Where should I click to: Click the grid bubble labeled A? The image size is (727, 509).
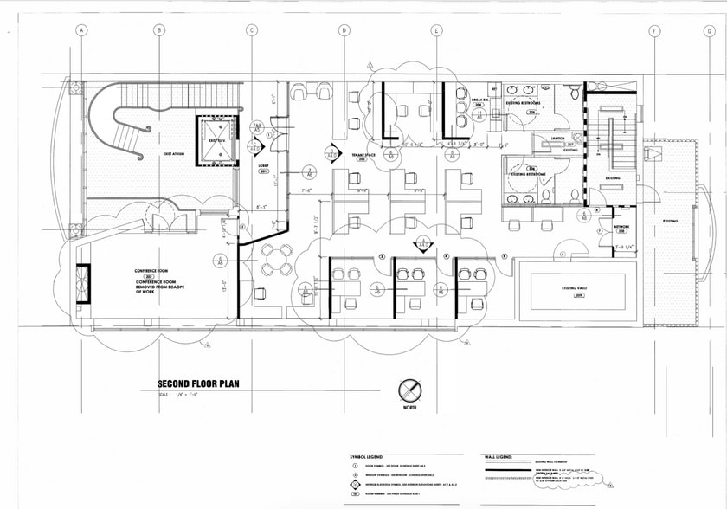82,31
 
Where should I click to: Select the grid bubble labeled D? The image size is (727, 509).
344,31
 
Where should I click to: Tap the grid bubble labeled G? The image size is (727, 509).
709,31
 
